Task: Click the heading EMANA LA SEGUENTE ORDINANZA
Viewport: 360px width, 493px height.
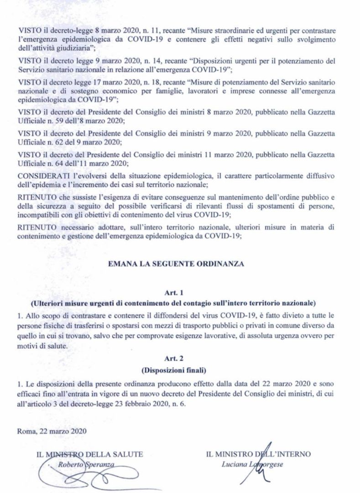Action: [x=180, y=264]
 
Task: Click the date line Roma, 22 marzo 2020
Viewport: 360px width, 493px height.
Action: [x=52, y=430]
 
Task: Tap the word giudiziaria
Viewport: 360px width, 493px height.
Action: [x=67, y=47]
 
